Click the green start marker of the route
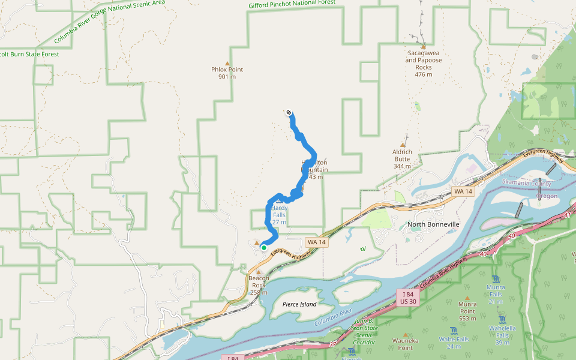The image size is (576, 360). point(263,247)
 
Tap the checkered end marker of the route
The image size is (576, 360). point(289,112)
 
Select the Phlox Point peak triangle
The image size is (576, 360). point(227,63)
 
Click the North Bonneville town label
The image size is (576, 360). point(433,224)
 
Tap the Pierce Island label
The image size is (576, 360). point(299,304)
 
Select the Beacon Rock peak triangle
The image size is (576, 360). point(259,272)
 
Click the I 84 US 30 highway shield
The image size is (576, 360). point(408,298)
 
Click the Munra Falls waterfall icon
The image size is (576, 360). point(496,279)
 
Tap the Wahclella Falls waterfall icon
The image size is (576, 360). point(502,319)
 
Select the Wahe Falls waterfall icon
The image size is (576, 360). point(454,330)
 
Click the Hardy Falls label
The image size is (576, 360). point(279,211)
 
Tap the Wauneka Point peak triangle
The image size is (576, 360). point(406,335)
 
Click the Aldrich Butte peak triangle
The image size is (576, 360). point(403,145)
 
